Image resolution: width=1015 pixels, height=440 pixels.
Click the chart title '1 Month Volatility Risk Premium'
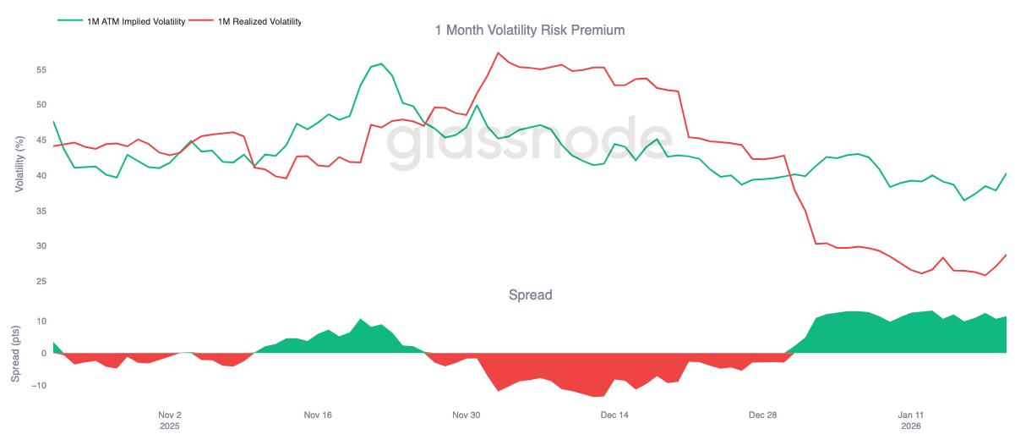pos(530,30)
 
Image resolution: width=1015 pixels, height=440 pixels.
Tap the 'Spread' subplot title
pos(530,295)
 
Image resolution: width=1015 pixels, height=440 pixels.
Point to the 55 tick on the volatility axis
pos(41,70)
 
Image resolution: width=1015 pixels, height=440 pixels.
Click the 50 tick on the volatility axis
pos(41,105)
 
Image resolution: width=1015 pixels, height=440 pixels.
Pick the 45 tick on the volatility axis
pos(41,140)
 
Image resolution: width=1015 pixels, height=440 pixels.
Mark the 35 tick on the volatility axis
pos(41,212)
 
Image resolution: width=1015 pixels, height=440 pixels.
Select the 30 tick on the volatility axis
pos(41,246)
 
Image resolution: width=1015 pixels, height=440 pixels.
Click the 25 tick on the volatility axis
pos(41,282)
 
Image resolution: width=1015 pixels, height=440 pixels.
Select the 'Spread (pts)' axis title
pos(14,353)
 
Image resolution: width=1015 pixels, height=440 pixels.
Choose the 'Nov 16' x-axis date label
pos(317,415)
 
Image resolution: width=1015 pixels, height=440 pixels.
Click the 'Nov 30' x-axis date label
pos(466,415)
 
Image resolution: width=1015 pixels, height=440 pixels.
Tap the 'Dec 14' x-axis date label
pos(614,415)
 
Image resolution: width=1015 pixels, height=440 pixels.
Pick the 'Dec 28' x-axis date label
pos(762,415)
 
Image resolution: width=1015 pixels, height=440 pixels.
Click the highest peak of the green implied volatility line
pos(381,63)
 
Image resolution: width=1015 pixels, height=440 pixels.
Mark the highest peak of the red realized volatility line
pos(498,52)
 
